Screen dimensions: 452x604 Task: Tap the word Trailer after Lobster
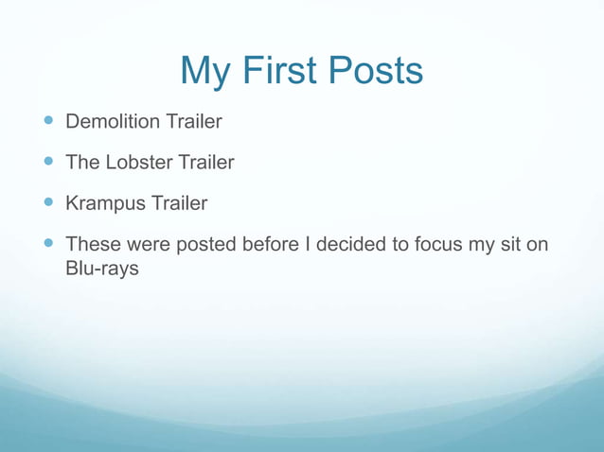[x=204, y=163]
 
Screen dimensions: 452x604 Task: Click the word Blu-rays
[x=102, y=269]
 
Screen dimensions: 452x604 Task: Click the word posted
[x=204, y=245]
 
